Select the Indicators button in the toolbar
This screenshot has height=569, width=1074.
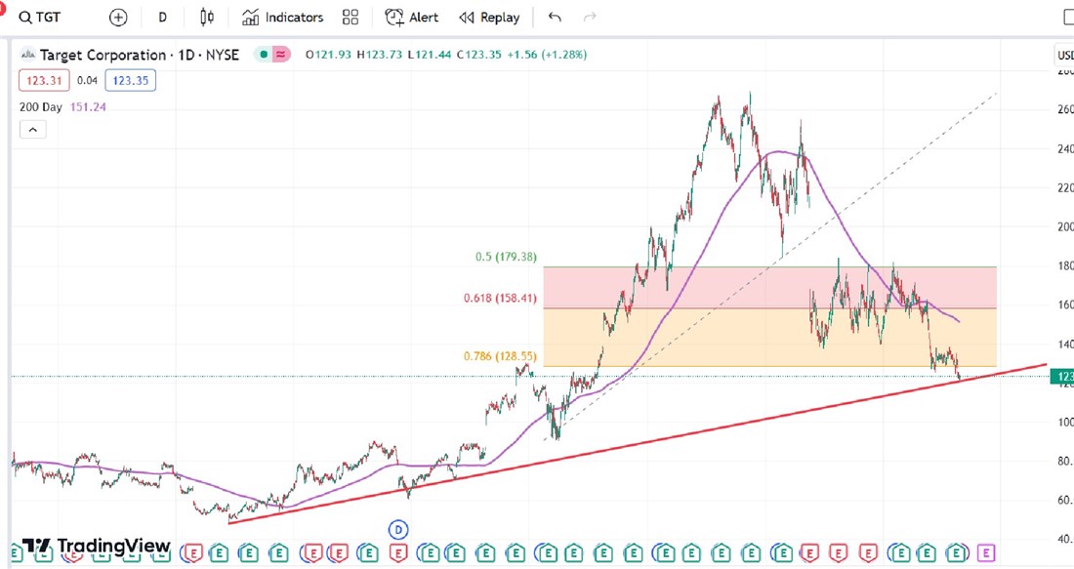coord(283,18)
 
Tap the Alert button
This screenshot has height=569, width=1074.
coord(412,18)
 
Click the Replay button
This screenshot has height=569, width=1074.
coord(489,18)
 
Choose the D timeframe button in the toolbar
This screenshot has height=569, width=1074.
coord(163,18)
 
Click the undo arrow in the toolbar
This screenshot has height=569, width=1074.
coord(555,18)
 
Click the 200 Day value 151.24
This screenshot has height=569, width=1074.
coord(88,107)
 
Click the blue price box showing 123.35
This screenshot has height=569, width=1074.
coord(130,81)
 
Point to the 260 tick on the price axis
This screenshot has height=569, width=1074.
coord(1065,109)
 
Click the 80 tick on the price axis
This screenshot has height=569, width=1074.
coord(1065,461)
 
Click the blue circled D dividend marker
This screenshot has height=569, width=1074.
coord(398,530)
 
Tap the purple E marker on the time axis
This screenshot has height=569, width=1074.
coord(986,553)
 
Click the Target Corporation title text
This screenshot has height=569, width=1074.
coord(103,56)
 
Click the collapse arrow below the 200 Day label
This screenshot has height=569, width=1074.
coord(32,130)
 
